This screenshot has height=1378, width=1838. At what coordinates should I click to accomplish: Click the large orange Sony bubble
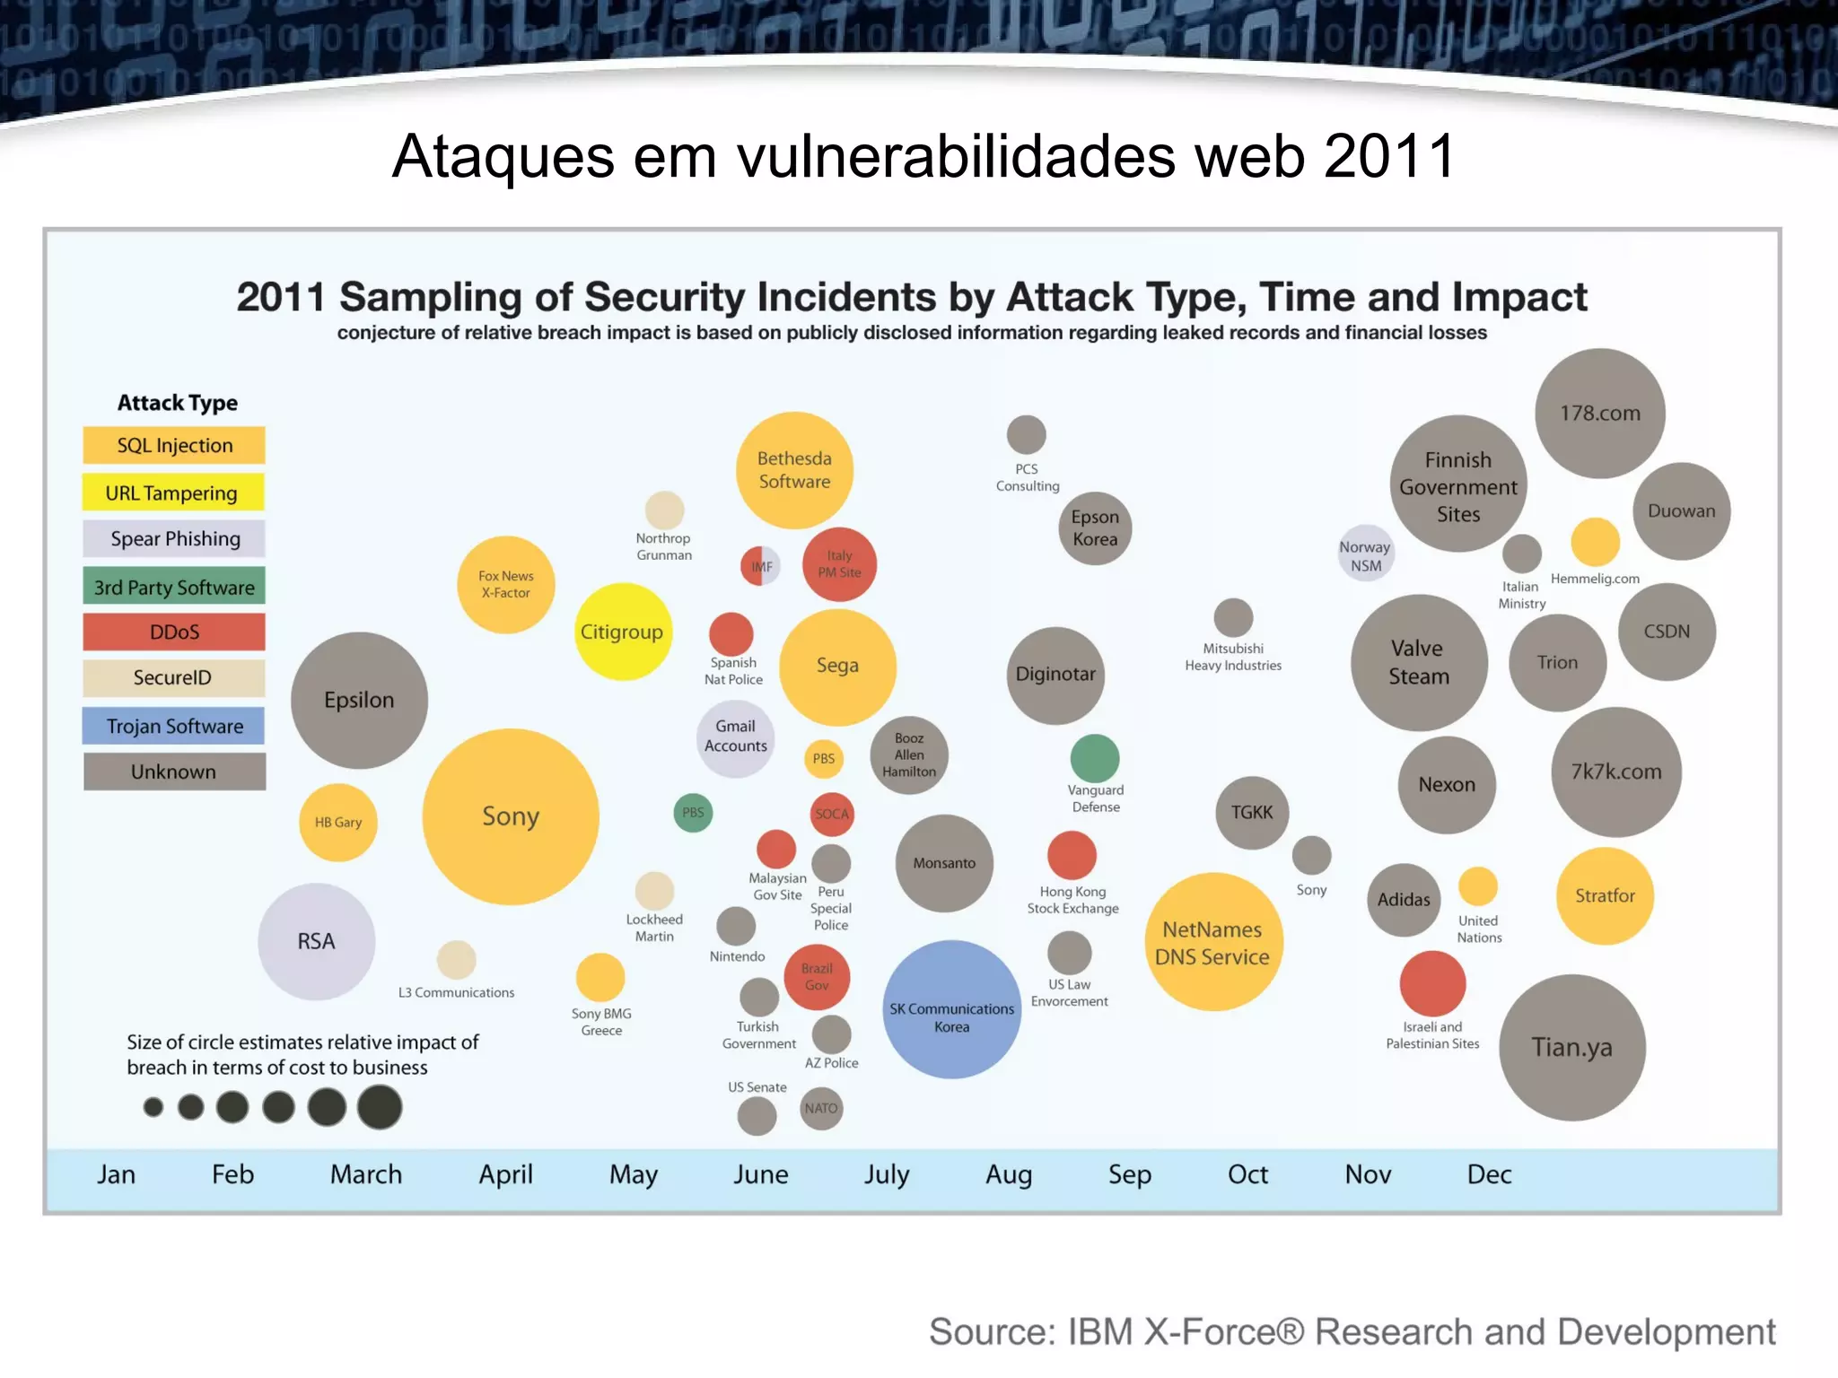pyautogui.click(x=510, y=816)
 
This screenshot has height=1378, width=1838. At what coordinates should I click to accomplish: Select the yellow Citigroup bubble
pyautogui.click(x=622, y=632)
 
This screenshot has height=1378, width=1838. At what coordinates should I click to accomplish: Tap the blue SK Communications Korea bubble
pyautogui.click(x=951, y=1009)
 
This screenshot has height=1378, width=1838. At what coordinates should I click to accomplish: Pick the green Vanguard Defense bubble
pyautogui.click(x=1094, y=758)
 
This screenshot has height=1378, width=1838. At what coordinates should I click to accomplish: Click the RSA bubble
pyautogui.click(x=316, y=941)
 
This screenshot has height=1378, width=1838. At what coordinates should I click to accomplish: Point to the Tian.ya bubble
pyautogui.click(x=1571, y=1047)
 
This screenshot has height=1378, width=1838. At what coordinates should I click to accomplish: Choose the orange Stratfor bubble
pyautogui.click(x=1605, y=895)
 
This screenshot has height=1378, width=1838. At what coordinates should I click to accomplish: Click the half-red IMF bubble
pyautogui.click(x=760, y=566)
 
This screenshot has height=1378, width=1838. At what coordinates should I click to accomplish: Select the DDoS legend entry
pyautogui.click(x=174, y=632)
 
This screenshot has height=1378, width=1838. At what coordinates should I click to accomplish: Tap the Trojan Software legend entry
pyautogui.click(x=174, y=726)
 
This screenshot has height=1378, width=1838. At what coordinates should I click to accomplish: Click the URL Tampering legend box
pyautogui.click(x=174, y=493)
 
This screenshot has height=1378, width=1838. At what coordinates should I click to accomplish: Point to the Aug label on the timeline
pyautogui.click(x=1009, y=1174)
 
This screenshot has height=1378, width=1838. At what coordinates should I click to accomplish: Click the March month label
pyautogui.click(x=366, y=1174)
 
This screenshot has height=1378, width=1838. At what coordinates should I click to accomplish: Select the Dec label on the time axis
pyautogui.click(x=1489, y=1174)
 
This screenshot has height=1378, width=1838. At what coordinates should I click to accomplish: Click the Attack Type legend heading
pyautogui.click(x=178, y=403)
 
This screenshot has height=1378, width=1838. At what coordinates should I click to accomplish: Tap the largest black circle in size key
pyautogui.click(x=380, y=1107)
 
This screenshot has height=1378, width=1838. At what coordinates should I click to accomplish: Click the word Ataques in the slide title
pyautogui.click(x=503, y=157)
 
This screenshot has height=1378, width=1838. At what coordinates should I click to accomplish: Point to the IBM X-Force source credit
pyautogui.click(x=1352, y=1332)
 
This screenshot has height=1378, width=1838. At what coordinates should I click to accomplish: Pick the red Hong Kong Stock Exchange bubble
pyautogui.click(x=1072, y=855)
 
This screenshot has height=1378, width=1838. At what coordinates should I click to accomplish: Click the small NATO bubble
pyautogui.click(x=821, y=1109)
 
